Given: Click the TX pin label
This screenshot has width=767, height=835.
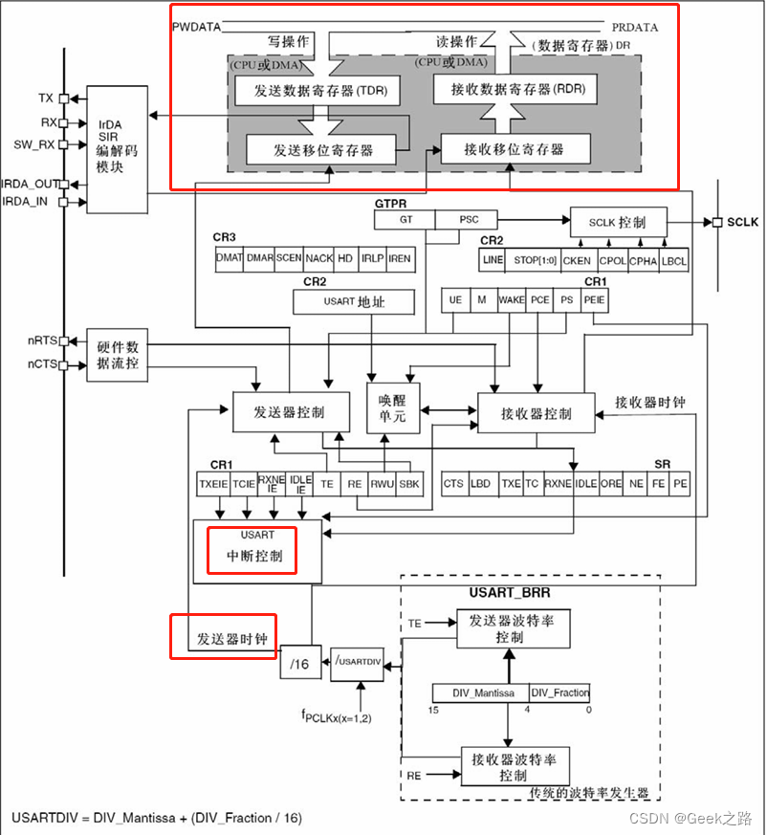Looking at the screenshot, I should coord(45,99).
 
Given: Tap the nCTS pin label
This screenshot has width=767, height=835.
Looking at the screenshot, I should coord(40,364).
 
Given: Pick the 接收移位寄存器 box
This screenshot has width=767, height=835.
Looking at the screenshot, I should coord(514,149).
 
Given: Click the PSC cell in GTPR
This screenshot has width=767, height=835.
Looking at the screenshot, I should coord(469,220).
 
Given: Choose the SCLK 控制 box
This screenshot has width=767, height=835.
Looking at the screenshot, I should coord(617,223).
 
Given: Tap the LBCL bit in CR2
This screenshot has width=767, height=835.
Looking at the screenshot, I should coord(673,260).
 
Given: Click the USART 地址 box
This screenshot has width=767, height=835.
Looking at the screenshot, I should coord(355,302).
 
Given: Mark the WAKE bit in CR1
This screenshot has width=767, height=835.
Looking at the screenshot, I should coord(512,300).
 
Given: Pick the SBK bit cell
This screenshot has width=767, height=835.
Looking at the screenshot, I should coord(409,484).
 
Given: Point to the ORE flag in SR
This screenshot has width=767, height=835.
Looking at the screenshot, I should coord(611,484).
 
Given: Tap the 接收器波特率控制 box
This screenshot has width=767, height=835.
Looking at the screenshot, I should coord(514,766).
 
